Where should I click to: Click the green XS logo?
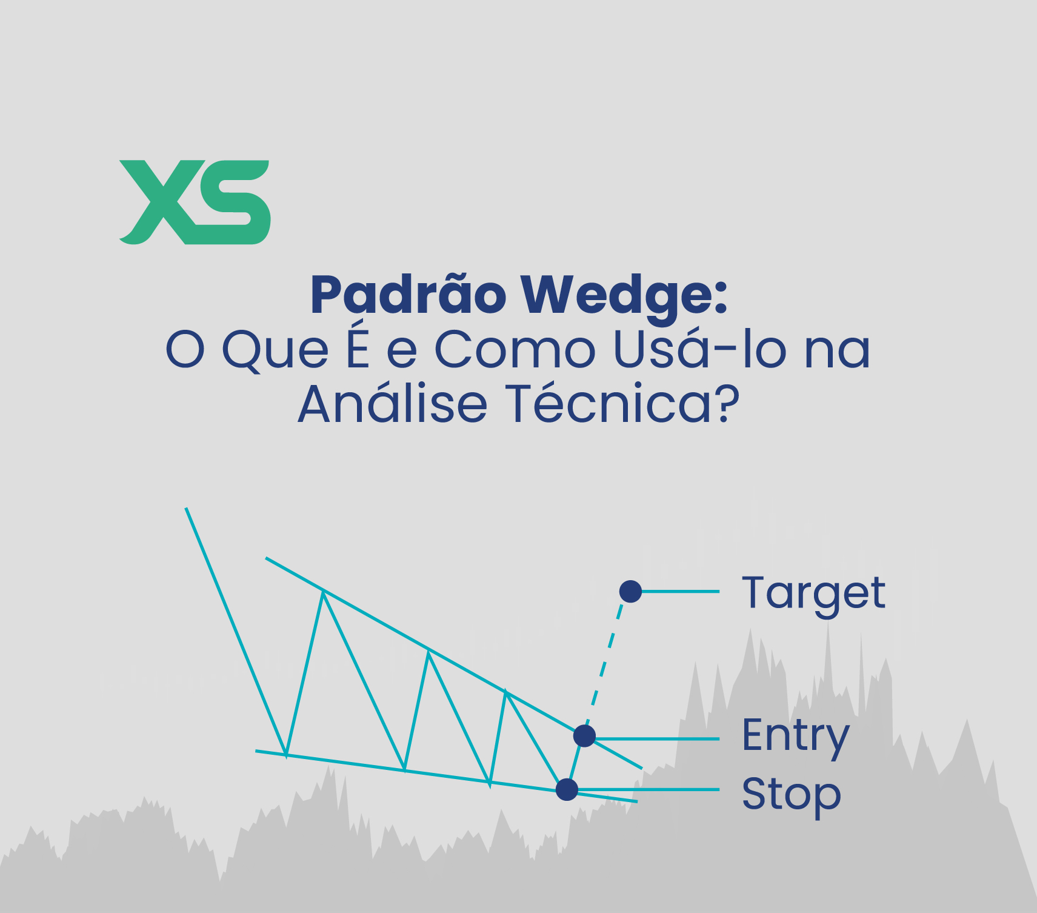[195, 202]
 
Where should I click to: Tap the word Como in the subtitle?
[515, 350]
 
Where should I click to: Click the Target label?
[813, 594]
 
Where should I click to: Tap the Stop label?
[792, 795]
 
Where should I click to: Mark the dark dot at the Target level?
[630, 591]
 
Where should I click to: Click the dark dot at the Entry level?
[584, 736]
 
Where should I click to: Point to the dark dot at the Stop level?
[567, 789]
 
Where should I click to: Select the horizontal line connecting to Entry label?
[658, 739]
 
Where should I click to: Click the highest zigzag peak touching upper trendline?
[324, 591]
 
